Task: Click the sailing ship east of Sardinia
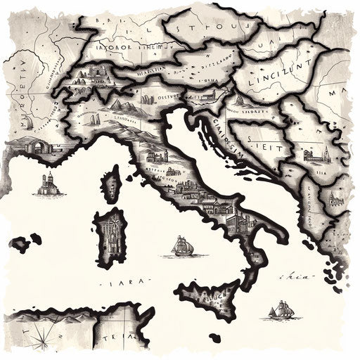[182, 245]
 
